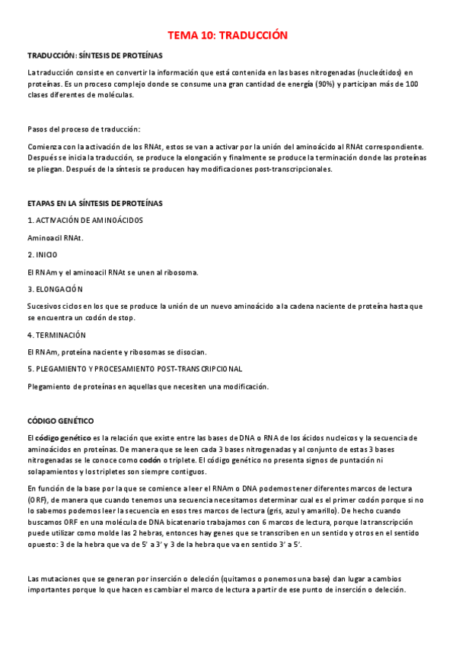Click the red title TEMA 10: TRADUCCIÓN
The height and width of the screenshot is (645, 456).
[228, 35]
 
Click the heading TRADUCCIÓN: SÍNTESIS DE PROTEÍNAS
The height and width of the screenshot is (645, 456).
[94, 56]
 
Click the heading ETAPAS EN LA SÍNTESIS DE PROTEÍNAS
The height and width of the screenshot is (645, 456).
[94, 204]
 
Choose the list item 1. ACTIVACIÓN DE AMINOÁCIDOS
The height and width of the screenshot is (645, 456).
[85, 221]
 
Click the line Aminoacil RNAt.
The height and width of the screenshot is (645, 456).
[55, 237]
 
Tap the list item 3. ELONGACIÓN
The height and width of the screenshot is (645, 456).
[55, 289]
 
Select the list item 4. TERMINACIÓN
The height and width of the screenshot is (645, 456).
[56, 335]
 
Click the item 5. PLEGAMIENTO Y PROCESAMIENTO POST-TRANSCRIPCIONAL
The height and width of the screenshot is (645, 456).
[135, 369]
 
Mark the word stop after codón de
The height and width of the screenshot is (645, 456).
[124, 317]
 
